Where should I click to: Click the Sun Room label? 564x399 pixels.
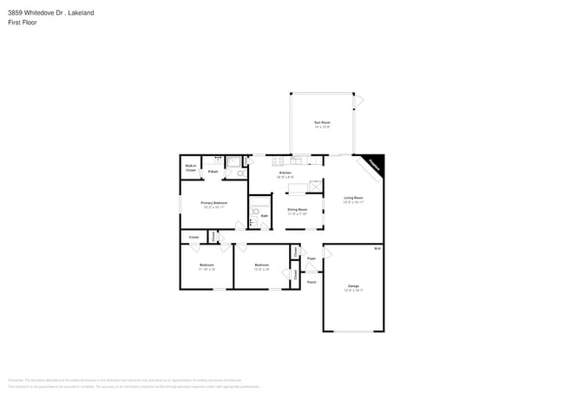click(322, 123)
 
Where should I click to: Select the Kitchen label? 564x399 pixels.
click(285, 173)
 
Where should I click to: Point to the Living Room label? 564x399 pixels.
click(353, 199)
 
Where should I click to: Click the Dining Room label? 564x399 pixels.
click(298, 209)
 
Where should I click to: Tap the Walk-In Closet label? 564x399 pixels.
click(190, 167)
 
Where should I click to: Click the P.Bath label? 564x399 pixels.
click(212, 172)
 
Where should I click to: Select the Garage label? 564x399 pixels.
click(353, 286)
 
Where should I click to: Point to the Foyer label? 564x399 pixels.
click(311, 258)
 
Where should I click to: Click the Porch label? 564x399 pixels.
click(311, 282)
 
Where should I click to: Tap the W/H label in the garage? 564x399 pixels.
click(377, 249)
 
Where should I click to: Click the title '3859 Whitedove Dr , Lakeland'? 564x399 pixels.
click(51, 13)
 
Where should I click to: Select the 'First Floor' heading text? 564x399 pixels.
click(23, 23)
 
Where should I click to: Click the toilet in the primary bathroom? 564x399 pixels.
click(239, 173)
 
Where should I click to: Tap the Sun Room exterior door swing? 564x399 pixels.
click(359, 101)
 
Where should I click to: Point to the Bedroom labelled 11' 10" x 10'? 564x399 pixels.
click(207, 265)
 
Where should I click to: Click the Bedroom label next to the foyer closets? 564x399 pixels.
click(262, 265)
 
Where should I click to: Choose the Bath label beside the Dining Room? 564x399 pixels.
click(264, 216)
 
